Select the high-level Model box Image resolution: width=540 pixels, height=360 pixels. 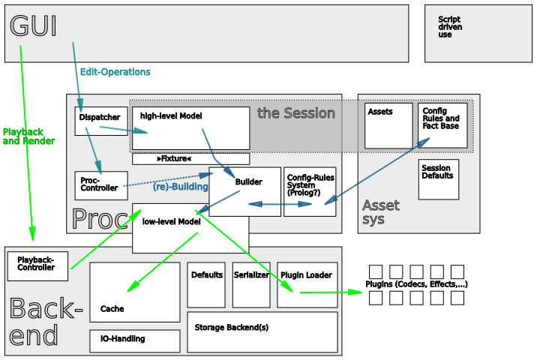pyautogui.click(x=190, y=127)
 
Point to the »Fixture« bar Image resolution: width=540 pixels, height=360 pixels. pyautogui.click(x=190, y=159)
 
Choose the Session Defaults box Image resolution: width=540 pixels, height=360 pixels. pyautogui.click(x=438, y=179)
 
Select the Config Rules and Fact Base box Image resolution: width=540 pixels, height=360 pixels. pyautogui.click(x=442, y=125)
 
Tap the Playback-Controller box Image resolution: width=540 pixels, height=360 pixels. pyautogui.click(x=37, y=263)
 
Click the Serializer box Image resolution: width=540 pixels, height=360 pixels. pyautogui.click(x=251, y=284)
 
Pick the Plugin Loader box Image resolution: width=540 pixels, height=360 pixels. pyautogui.click(x=307, y=284)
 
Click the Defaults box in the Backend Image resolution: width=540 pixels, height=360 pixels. pyautogui.click(x=206, y=284)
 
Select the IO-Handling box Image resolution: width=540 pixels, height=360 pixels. pyautogui.click(x=135, y=340)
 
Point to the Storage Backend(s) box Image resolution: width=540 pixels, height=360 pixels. pyautogui.click(x=262, y=332)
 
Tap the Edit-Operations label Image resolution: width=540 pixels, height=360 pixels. pyautogui.click(x=115, y=72)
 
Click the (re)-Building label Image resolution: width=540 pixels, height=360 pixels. pyautogui.click(x=180, y=187)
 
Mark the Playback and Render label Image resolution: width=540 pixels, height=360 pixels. pyautogui.click(x=28, y=136)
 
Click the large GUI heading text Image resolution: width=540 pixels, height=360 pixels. pyautogui.click(x=33, y=26)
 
